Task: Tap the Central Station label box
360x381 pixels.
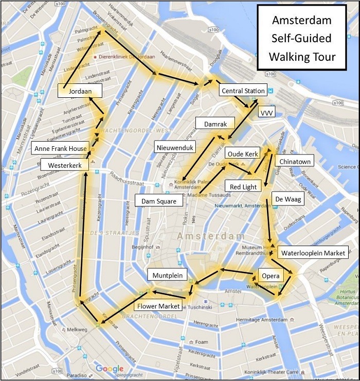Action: pos(243,91)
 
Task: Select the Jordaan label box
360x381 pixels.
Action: pos(80,91)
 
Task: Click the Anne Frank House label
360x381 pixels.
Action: pos(60,149)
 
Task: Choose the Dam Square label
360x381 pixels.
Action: pos(159,200)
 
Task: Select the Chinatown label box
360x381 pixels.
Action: pos(295,161)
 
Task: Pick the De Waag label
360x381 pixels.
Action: pos(287,199)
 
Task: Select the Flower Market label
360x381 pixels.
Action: pos(158,306)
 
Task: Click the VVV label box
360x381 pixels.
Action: pos(267,112)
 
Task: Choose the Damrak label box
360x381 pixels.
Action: pos(215,123)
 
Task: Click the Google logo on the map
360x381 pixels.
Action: pos(110,369)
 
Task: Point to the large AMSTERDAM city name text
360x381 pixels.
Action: pos(211,236)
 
